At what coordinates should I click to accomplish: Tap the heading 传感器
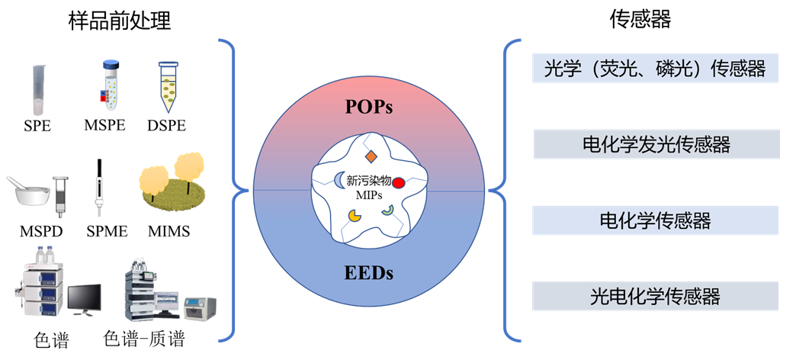[x=640, y=20]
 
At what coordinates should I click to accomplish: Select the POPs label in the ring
[x=368, y=107]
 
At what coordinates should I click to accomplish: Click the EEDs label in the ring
[x=368, y=272]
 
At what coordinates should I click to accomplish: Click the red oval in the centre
[x=398, y=183]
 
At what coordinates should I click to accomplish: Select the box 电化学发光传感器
[x=656, y=144]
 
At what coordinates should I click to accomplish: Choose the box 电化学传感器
[x=656, y=220]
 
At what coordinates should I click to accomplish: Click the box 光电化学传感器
[x=656, y=296]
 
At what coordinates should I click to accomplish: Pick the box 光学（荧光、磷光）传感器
[x=656, y=69]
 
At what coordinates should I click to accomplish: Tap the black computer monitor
[x=84, y=298]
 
